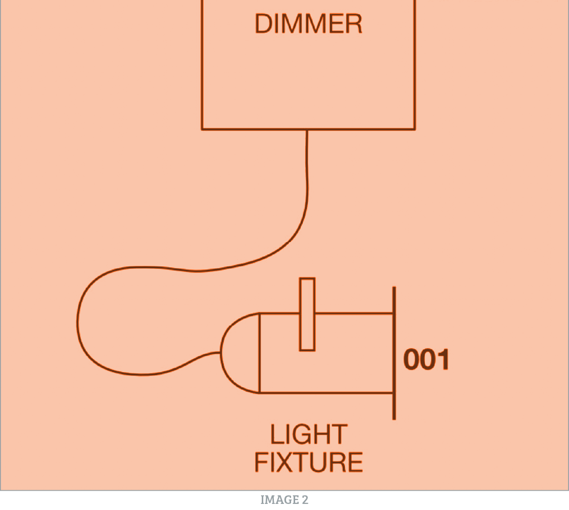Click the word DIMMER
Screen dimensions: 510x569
(x=308, y=24)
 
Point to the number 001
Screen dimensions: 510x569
(x=426, y=360)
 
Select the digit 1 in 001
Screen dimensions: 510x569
(x=443, y=360)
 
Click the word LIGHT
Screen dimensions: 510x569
(x=308, y=435)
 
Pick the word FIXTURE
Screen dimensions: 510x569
(x=308, y=462)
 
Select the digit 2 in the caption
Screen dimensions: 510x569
(x=305, y=500)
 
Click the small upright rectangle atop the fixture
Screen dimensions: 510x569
(x=307, y=314)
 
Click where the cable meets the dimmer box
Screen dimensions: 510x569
(x=307, y=130)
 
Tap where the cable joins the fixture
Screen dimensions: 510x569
(x=221, y=353)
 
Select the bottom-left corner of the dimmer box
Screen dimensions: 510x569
(x=202, y=129)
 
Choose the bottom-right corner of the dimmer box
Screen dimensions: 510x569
(x=415, y=129)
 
